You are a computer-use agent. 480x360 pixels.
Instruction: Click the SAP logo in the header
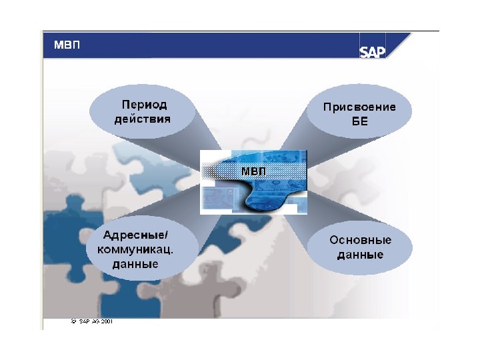[x=373, y=51]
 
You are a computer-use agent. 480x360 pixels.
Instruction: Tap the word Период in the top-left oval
[x=144, y=105]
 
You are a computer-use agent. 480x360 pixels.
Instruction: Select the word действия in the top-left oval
[x=143, y=119]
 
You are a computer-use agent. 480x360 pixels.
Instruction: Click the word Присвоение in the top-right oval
[x=359, y=107]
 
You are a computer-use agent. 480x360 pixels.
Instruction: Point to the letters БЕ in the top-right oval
[x=359, y=122]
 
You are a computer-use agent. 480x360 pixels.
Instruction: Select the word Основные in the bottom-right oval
[x=360, y=240]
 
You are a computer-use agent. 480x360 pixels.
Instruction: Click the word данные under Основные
[x=359, y=255]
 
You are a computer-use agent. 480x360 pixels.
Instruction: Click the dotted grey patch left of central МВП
[x=220, y=172]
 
